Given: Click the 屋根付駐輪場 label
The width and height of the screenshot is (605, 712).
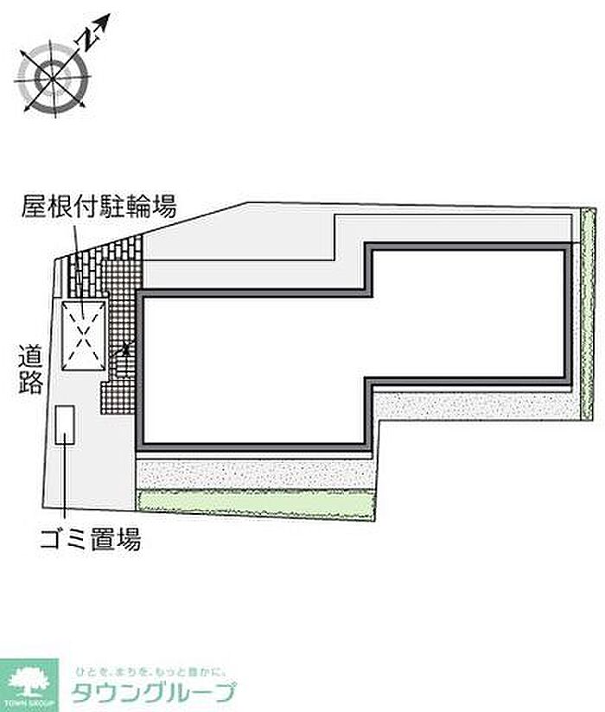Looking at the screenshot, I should coord(100,207).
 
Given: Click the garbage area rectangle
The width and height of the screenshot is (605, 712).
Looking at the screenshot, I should coord(65,425).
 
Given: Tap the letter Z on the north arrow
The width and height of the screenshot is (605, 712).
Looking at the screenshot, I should coord(87,39).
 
